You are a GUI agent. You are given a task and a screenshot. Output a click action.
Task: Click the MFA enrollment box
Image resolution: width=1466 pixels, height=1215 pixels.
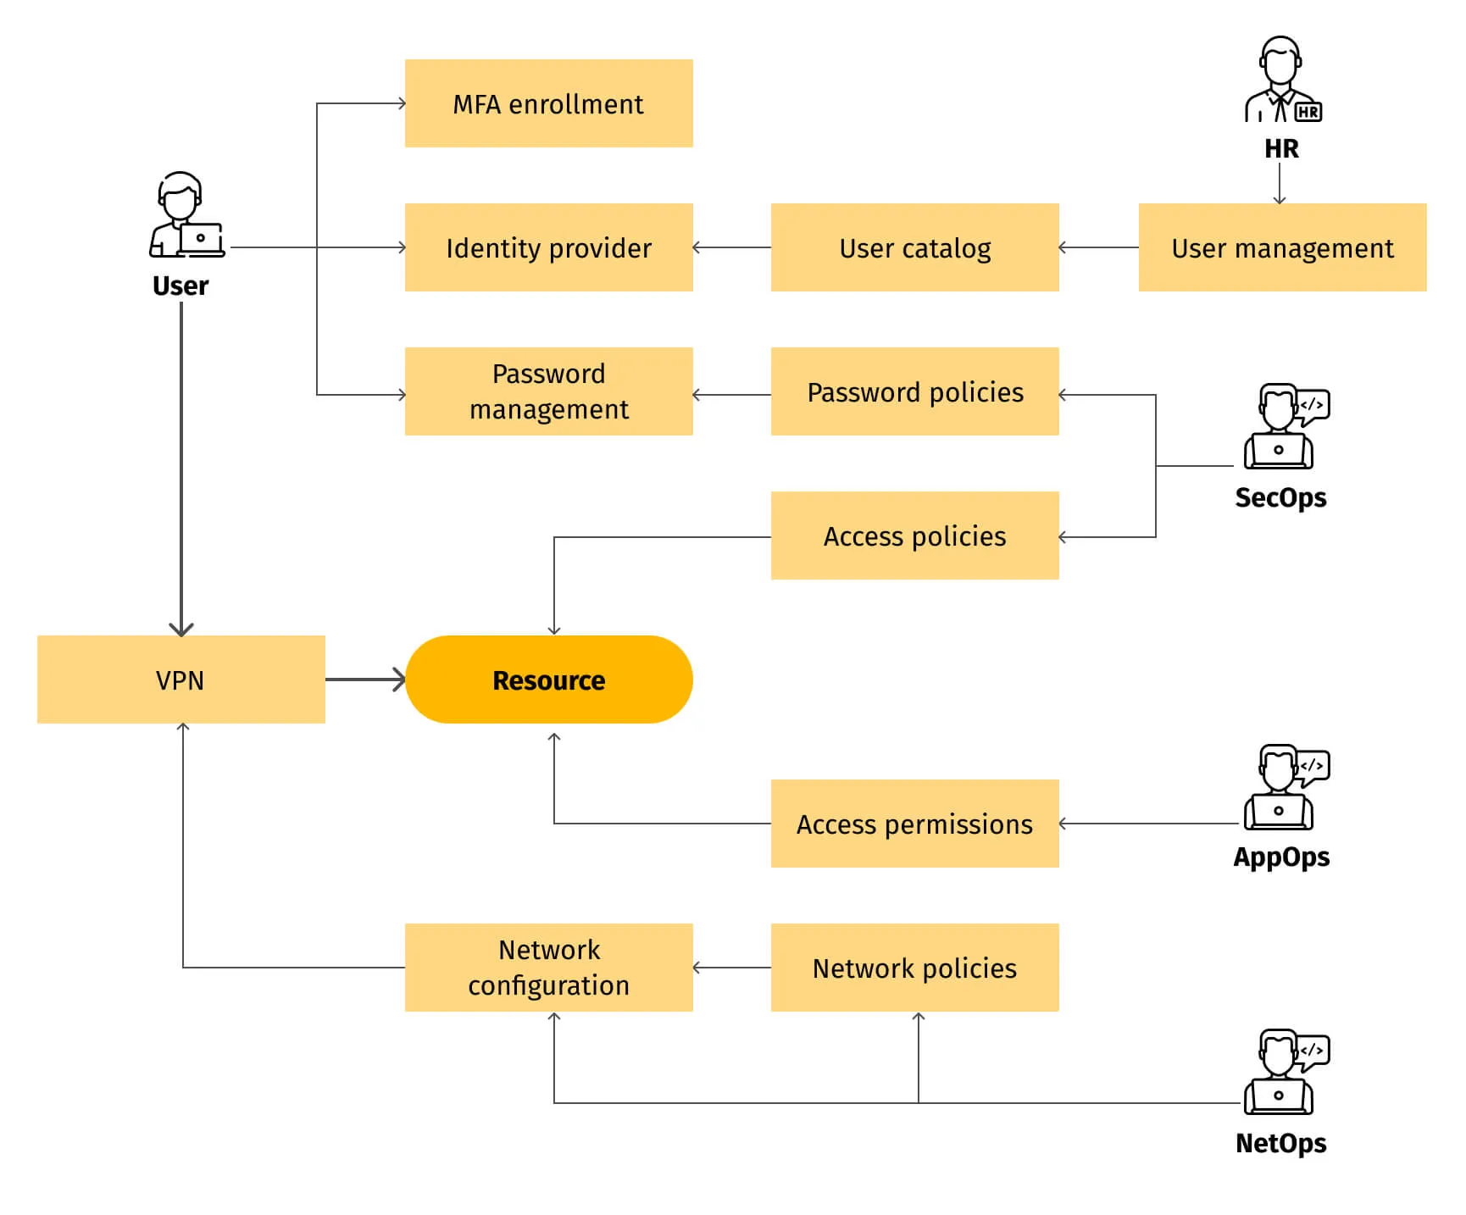click(x=548, y=103)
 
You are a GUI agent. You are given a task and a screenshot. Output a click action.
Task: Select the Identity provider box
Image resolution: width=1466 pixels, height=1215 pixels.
click(x=548, y=247)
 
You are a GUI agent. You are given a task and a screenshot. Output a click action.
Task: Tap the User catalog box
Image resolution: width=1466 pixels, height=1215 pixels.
click(x=914, y=247)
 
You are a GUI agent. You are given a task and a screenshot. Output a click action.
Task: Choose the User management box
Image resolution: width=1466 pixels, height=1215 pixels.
click(x=1281, y=247)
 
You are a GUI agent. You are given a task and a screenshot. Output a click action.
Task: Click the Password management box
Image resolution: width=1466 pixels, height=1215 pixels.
click(x=548, y=391)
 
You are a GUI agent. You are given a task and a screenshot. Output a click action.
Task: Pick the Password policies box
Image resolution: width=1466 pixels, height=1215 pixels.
click(x=914, y=391)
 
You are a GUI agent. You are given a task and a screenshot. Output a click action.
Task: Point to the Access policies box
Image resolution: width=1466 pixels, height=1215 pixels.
click(x=914, y=535)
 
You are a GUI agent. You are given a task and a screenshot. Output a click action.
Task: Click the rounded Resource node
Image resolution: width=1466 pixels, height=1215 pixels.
click(x=548, y=680)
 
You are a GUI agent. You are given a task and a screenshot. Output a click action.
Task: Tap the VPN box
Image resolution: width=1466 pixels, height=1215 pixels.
click(x=180, y=680)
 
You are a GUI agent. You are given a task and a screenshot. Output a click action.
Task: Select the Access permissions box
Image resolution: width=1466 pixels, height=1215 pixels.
click(x=914, y=824)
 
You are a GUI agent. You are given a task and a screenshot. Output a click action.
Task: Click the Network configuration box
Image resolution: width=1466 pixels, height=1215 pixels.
click(x=548, y=968)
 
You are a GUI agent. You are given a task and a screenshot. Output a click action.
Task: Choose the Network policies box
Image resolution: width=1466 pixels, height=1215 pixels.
click(x=914, y=968)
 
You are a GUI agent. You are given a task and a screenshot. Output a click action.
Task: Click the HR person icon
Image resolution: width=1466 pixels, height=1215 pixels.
click(x=1281, y=80)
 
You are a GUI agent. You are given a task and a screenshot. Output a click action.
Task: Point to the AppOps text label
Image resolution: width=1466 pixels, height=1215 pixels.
click(x=1281, y=857)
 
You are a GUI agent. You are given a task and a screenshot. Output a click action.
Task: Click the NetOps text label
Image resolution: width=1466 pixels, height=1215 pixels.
click(x=1280, y=1144)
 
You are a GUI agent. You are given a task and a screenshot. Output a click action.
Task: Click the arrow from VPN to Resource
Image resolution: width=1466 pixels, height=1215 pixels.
click(x=365, y=680)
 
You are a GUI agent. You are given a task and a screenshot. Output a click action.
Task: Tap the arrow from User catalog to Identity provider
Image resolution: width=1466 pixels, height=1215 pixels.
click(x=731, y=247)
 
